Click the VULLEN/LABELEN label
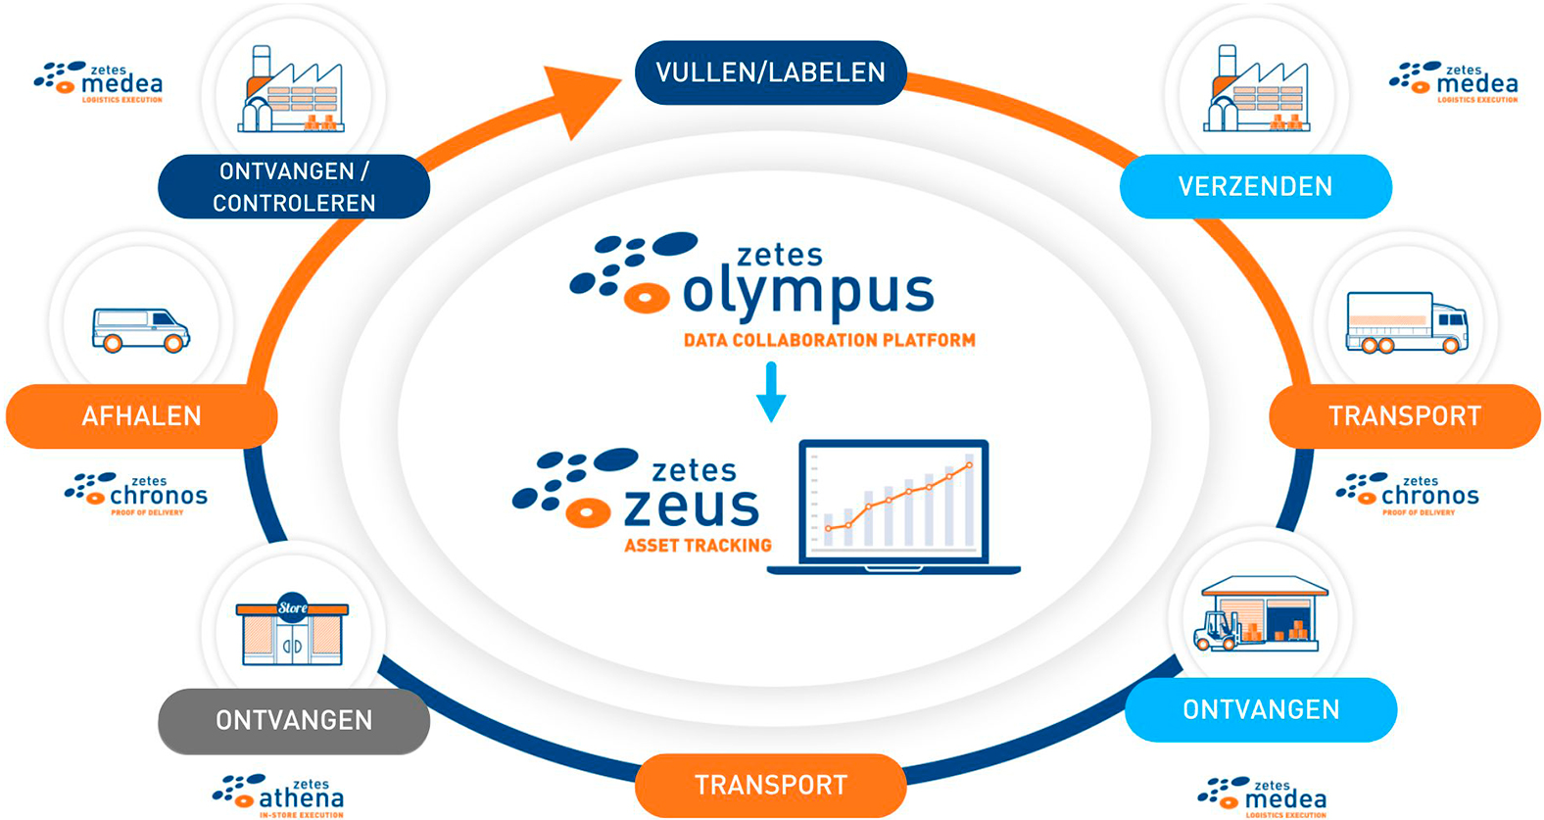click(770, 72)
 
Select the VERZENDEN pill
click(1255, 186)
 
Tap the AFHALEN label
click(142, 416)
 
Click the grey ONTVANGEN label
click(294, 721)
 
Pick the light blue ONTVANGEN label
click(1261, 709)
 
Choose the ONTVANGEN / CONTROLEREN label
click(294, 187)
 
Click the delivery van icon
click(141, 331)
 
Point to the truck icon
click(1407, 322)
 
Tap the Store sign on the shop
click(292, 607)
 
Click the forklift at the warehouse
click(1216, 631)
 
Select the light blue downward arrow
click(771, 392)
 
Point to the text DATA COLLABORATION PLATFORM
click(829, 340)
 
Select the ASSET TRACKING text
click(699, 546)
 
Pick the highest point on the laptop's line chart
click(970, 465)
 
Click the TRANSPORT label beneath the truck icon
click(1405, 416)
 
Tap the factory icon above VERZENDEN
click(1257, 89)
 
